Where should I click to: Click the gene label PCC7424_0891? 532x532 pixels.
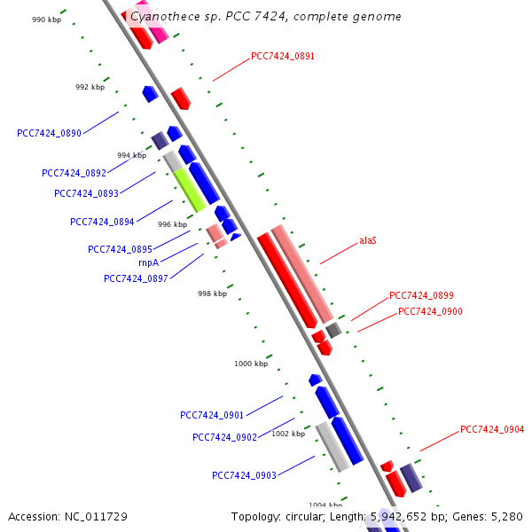pos(283,56)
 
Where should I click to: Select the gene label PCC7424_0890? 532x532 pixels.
pos(49,133)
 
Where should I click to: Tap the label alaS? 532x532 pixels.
pos(368,240)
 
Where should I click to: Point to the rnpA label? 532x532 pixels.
pos(148,262)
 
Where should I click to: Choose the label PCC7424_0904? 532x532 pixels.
pos(492,430)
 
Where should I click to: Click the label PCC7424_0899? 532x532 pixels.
pos(421,295)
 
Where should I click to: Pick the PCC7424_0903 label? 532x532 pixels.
pos(244,475)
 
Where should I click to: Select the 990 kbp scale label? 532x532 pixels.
pos(46,20)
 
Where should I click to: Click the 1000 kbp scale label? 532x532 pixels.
pos(251,364)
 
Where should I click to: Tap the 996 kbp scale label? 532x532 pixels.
pos(172,224)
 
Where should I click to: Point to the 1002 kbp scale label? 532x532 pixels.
pos(288,434)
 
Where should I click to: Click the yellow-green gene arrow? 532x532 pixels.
pos(189,190)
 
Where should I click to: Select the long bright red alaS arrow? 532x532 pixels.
pos(286,279)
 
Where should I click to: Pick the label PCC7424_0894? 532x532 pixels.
pos(102,222)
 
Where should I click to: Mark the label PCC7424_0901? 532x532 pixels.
pos(212,415)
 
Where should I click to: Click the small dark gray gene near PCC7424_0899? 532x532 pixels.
pos(333,330)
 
